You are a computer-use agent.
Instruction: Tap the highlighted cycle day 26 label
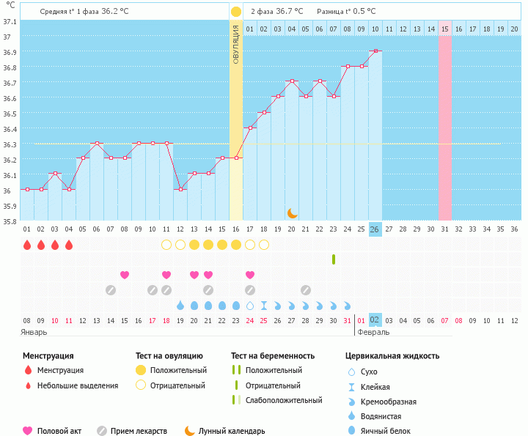tap(375, 229)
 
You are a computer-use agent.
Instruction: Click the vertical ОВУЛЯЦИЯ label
tap(236, 44)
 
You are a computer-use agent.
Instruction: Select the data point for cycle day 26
tap(375, 51)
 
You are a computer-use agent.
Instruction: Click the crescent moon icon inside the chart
tap(292, 213)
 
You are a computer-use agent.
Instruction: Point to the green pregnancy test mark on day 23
tap(334, 259)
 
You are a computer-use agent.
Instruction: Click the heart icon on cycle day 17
tap(250, 275)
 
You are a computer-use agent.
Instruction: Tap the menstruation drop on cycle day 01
tap(27, 245)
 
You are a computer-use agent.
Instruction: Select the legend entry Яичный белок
tap(389, 431)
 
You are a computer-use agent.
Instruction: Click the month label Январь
tap(34, 332)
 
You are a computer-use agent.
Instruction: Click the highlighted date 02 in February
tap(375, 319)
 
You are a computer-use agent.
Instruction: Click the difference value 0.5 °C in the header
tap(362, 12)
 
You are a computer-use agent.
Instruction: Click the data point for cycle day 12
tap(180, 189)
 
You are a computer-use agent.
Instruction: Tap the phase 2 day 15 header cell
tap(444, 29)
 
